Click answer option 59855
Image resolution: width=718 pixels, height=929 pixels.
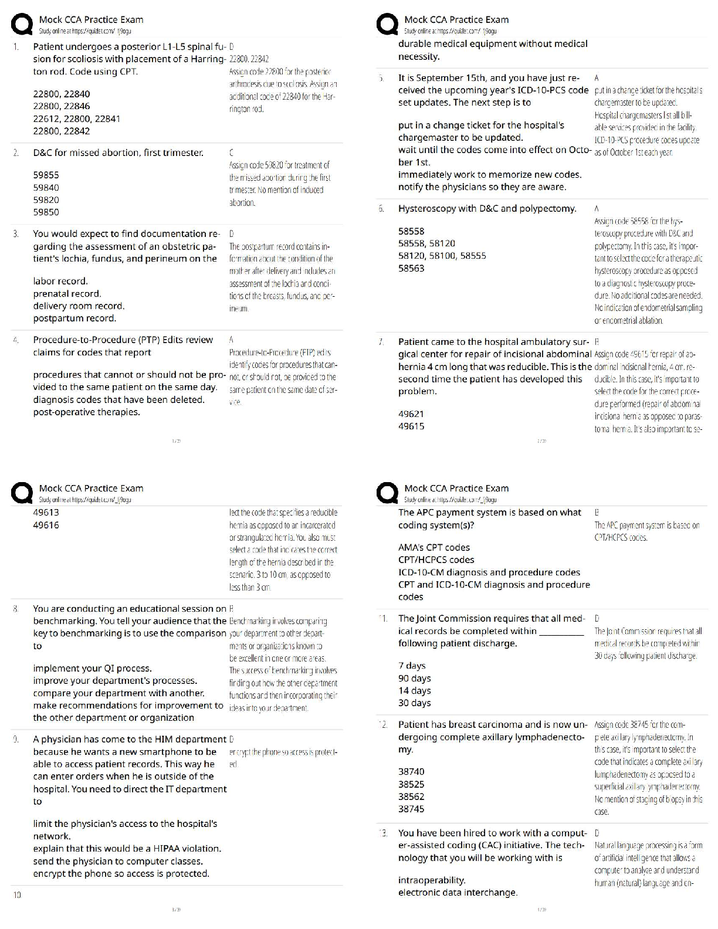[x=46, y=175]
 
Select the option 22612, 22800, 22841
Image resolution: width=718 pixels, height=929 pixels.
[x=76, y=118]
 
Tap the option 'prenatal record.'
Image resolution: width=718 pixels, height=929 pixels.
[x=67, y=294]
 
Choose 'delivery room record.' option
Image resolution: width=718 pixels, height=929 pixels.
[x=79, y=306]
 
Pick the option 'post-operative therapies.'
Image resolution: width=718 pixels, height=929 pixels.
[x=86, y=412]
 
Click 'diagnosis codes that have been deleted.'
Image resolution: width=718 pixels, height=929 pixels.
[x=118, y=400]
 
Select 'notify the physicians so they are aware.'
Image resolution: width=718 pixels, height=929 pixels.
[x=482, y=187]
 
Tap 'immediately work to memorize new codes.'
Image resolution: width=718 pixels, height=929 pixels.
[x=489, y=175]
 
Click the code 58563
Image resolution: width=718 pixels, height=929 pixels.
[x=411, y=269]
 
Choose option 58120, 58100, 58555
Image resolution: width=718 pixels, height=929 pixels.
[x=442, y=256]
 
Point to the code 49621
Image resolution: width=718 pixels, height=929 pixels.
[x=411, y=414]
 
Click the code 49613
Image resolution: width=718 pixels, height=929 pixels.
[x=46, y=513]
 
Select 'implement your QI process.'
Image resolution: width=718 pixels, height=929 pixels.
[x=92, y=669]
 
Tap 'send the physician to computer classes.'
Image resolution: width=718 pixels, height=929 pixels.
[x=118, y=862]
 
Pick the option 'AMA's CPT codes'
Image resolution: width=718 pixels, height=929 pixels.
[x=433, y=548]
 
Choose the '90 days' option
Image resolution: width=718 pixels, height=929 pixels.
[x=414, y=679]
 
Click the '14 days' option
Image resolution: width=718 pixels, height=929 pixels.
[x=414, y=691]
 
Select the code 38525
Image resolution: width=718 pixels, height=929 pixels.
[x=411, y=785]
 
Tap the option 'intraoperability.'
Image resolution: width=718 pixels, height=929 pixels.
[x=432, y=880]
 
